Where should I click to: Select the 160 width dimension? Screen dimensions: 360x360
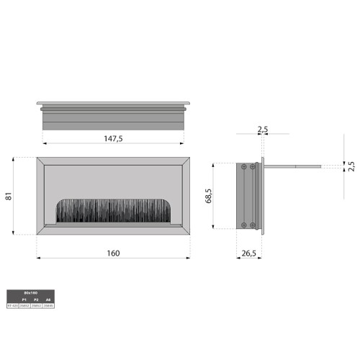click(x=113, y=253)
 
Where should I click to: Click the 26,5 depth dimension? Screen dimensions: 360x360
click(x=249, y=253)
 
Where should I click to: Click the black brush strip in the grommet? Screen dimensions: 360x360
click(x=113, y=211)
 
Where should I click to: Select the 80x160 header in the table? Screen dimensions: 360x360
click(x=30, y=293)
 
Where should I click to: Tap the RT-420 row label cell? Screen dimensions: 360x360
click(x=12, y=305)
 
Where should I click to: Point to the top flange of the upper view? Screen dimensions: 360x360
click(x=113, y=103)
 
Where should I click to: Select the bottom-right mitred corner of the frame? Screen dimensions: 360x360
click(x=186, y=232)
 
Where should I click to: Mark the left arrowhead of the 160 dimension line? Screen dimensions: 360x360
click(x=38, y=258)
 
